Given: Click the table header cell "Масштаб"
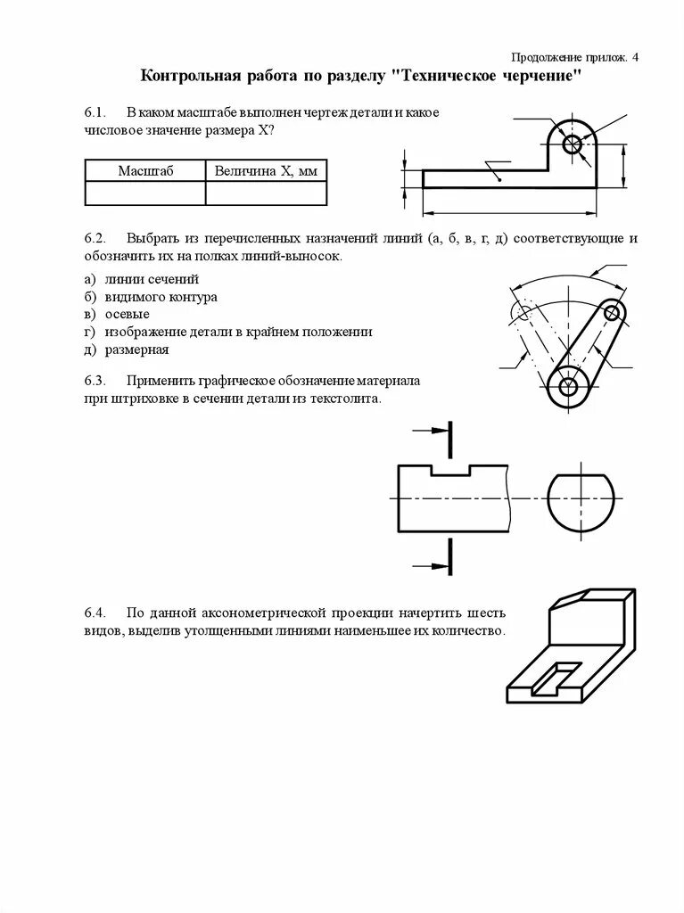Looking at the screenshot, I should (x=144, y=170).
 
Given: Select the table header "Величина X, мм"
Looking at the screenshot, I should (x=266, y=170).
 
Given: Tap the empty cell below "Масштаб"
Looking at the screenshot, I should (x=144, y=193).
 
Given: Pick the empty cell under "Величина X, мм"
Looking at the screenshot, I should (x=266, y=193).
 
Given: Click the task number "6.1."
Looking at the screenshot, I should (x=95, y=113).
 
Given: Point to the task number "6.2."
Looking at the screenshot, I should (x=95, y=239).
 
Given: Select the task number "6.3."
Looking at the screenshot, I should (x=95, y=381).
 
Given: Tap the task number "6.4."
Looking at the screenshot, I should (x=95, y=613).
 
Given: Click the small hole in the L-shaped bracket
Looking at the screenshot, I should (x=572, y=143).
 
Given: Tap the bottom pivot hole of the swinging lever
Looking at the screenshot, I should (x=567, y=386).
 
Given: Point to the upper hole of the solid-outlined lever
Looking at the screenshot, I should (x=612, y=312).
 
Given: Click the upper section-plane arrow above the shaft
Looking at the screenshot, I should (x=433, y=431).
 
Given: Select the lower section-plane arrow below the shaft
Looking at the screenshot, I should (x=433, y=564).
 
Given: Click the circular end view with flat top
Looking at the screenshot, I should (x=581, y=498).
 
